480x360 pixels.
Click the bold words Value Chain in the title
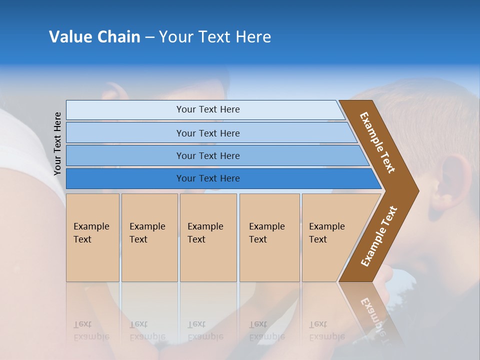[94, 37]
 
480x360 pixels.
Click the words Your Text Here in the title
[215, 37]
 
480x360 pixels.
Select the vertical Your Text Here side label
[57, 143]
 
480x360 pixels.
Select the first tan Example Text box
[92, 237]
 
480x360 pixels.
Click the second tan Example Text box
[149, 237]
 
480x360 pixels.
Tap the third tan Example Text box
[208, 237]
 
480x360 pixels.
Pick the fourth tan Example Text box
[269, 237]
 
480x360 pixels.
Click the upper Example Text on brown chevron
[377, 142]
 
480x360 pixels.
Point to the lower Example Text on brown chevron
[378, 236]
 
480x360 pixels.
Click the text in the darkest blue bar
[208, 178]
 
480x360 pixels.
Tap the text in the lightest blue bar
[208, 109]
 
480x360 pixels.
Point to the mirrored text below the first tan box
[91, 330]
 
